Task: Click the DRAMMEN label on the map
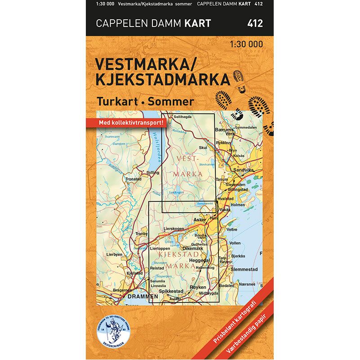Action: tap(143, 297)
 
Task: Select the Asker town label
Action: tap(199, 220)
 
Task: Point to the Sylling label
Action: tap(153, 173)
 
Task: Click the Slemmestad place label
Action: tap(244, 269)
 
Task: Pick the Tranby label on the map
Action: tap(141, 234)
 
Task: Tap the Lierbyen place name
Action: tap(114, 254)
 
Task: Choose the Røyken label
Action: tap(198, 287)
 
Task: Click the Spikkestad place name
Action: tap(172, 291)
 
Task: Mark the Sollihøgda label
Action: tap(182, 116)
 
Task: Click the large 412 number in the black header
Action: tap(255, 23)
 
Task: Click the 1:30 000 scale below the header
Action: tap(246, 44)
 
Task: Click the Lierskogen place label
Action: tap(175, 228)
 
